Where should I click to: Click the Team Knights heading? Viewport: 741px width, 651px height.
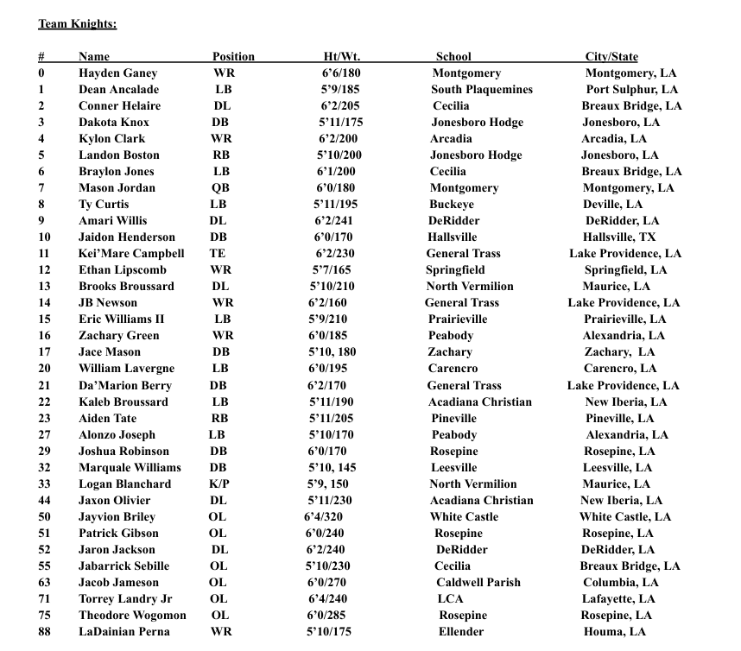[x=77, y=23]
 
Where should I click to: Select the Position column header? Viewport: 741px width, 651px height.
[x=233, y=57]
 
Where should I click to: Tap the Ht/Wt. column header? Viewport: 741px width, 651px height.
[x=341, y=57]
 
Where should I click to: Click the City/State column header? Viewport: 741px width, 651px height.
[x=611, y=57]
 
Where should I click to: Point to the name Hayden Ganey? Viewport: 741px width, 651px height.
[x=117, y=73]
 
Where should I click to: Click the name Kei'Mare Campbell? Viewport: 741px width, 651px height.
[x=131, y=254]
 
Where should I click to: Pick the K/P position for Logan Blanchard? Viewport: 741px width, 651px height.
[x=219, y=484]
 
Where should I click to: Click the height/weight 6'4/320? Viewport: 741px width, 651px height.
[x=328, y=517]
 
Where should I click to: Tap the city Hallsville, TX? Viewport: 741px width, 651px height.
[x=619, y=237]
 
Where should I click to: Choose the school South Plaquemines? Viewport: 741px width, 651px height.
[x=482, y=90]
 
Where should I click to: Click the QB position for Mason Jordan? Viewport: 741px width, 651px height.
[x=222, y=188]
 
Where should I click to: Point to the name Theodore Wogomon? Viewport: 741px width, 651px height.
[x=132, y=616]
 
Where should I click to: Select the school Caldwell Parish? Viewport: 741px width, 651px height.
[x=478, y=583]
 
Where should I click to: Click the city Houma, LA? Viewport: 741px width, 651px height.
[x=613, y=632]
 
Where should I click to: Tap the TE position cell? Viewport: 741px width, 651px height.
[x=218, y=254]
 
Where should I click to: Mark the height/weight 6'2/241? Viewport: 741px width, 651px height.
[x=340, y=221]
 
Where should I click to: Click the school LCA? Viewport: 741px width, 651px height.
[x=450, y=599]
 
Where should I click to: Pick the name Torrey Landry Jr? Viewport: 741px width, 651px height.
[x=125, y=599]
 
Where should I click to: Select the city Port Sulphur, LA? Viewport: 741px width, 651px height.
[x=632, y=90]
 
